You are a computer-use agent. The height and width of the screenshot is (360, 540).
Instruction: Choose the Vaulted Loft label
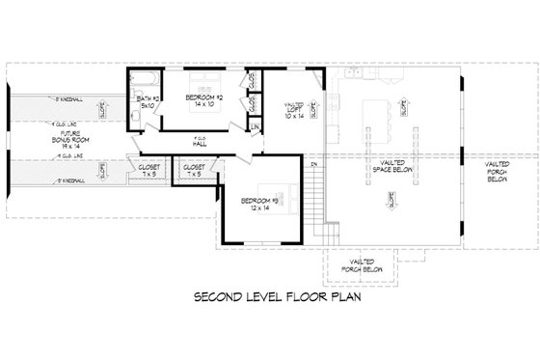(x=294, y=106)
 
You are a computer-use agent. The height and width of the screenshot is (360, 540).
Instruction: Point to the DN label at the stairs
(x=313, y=164)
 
